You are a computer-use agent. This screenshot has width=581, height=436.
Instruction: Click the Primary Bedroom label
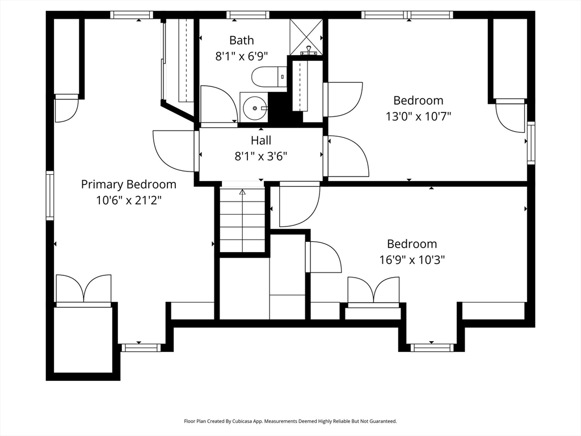coord(129,185)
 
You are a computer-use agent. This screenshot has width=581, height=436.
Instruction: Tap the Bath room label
coord(242,40)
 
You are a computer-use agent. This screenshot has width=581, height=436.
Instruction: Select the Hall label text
coord(261,140)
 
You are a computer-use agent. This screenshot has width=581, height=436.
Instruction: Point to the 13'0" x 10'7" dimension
coord(418,116)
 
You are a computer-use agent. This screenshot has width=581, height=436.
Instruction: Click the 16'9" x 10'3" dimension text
coord(412,260)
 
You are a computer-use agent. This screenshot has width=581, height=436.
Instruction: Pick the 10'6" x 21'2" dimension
coord(129,200)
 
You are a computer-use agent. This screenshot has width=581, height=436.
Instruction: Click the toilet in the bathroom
coord(269,77)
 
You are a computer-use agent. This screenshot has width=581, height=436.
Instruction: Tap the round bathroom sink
coord(255,108)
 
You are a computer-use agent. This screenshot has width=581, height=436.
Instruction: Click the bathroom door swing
coord(218,104)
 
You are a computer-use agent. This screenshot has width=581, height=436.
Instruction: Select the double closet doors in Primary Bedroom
coord(83,289)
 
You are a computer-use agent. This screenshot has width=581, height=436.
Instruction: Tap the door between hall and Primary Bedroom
coord(174,150)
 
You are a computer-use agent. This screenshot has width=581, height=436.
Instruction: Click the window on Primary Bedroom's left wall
coord(50,195)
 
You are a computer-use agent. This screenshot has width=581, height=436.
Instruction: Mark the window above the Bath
coord(248,15)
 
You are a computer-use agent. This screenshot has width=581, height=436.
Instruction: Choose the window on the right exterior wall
coord(531,142)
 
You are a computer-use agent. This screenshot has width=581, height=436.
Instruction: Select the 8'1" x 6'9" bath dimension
coord(242,56)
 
